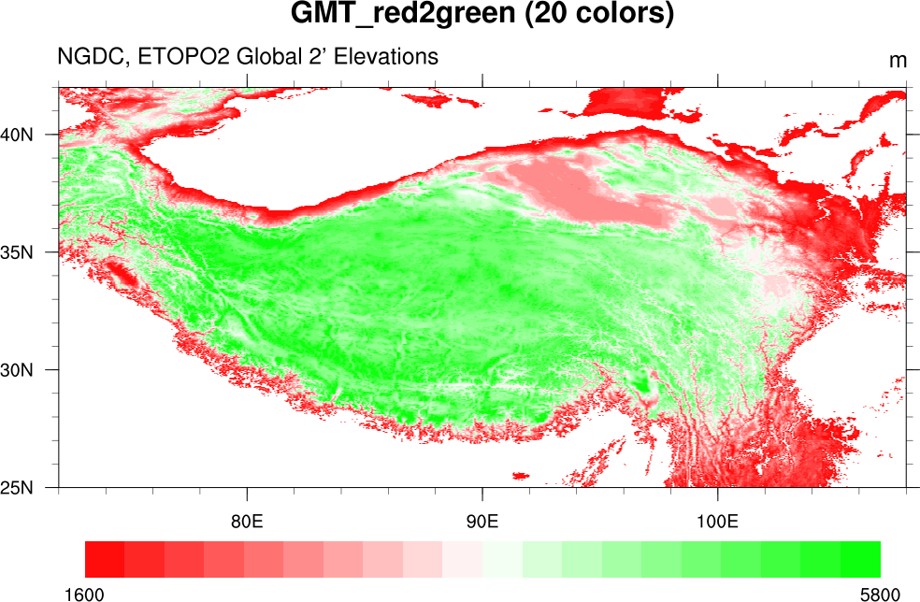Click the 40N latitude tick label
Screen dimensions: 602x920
point(18,134)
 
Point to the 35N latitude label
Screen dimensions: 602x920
point(18,252)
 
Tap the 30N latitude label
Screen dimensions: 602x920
point(18,370)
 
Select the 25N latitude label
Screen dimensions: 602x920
point(18,488)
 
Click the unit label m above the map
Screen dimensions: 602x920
point(898,61)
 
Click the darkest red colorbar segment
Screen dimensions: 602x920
point(105,559)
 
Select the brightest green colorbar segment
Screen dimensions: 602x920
point(860,559)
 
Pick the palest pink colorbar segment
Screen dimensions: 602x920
point(463,559)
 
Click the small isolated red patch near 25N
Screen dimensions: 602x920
point(520,476)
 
